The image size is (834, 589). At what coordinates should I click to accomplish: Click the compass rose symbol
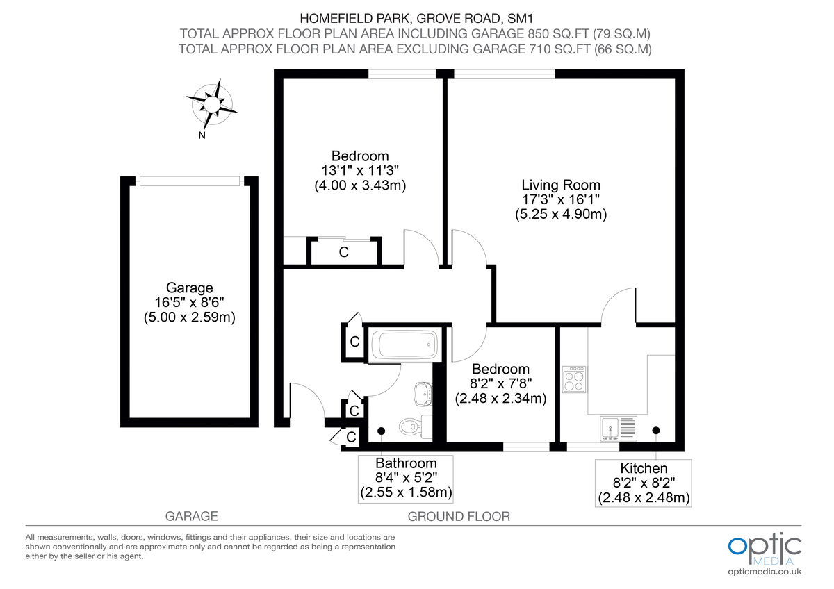[212, 104]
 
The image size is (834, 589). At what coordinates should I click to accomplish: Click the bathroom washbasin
[423, 393]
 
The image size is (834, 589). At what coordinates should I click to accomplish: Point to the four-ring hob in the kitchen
[574, 380]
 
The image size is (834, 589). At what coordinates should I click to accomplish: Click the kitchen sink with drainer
[619, 429]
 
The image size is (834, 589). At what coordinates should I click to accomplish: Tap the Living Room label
[561, 185]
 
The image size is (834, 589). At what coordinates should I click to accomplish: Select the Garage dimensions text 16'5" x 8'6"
[190, 303]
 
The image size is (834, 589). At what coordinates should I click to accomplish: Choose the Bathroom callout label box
[406, 479]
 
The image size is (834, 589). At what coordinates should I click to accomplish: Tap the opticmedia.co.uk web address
[764, 572]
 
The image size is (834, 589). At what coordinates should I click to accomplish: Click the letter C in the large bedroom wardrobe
[343, 253]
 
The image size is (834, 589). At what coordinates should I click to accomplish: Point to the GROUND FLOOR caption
[459, 517]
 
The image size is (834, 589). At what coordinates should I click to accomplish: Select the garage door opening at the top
[190, 181]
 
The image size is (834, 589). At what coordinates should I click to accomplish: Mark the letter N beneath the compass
[202, 135]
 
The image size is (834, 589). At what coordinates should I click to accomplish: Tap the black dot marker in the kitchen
[656, 431]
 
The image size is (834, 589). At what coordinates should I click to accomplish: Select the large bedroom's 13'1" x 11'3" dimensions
[359, 171]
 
